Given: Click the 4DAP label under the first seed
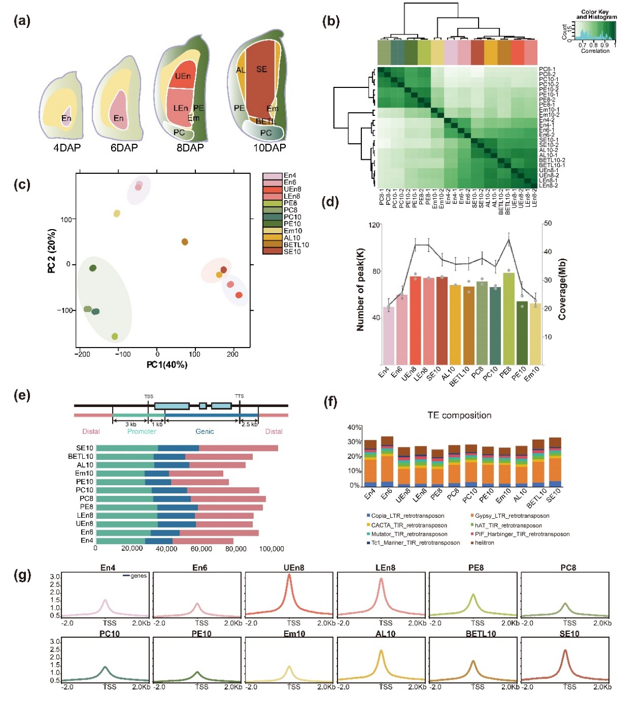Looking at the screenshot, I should point(67,147).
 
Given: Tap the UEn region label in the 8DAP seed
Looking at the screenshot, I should point(182,77).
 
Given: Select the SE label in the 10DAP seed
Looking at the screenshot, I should point(262,69).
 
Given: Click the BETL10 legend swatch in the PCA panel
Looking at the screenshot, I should point(272,245).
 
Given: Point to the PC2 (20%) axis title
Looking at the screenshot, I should point(51,251).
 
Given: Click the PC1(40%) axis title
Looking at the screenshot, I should point(166,365).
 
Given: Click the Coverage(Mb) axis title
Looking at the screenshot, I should point(562,289).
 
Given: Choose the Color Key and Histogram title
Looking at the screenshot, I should point(596,14).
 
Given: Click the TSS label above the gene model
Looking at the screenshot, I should point(149,397).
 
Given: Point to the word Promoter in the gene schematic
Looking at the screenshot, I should point(142,431).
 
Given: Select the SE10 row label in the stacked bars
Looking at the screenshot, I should point(85,448).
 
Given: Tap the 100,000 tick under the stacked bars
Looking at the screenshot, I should point(271,549).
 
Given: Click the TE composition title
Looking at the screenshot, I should point(459,415).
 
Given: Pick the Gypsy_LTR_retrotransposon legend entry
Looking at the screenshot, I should point(512,516).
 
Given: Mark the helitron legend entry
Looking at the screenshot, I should point(484,543).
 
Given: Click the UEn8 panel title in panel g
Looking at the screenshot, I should point(294,567).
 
